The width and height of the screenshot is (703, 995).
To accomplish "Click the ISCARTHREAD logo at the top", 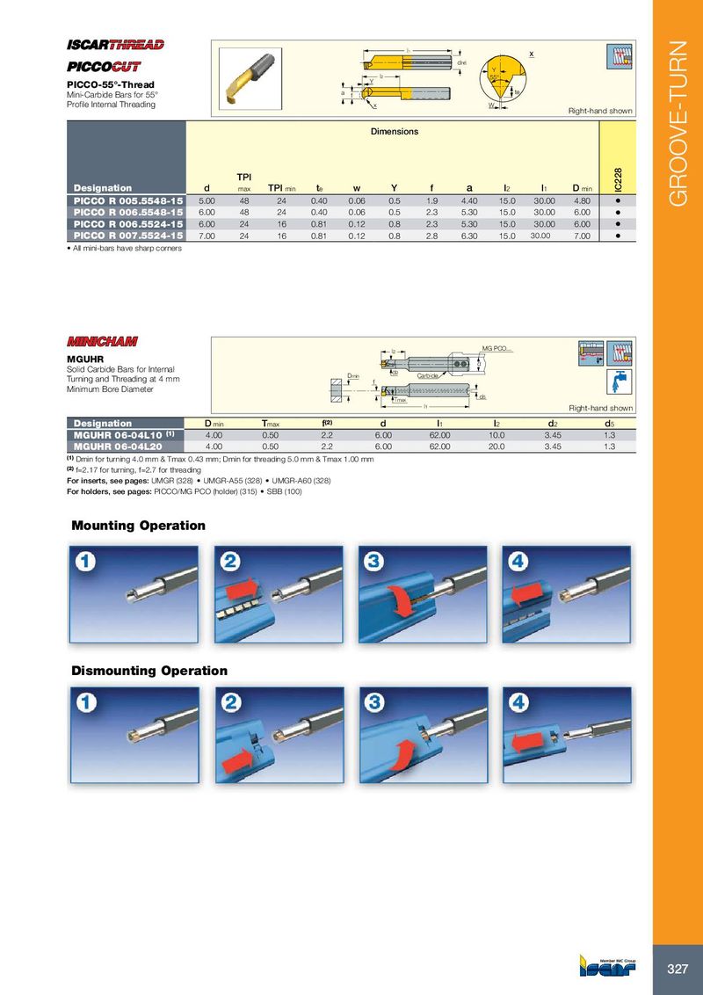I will (x=116, y=46).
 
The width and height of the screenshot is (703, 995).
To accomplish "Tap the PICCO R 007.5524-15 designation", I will (x=127, y=236).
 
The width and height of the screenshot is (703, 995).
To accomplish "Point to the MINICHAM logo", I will (x=102, y=341).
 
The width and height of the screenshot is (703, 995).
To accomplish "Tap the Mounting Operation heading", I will (x=138, y=526).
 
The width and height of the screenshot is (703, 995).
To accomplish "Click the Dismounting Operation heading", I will (x=149, y=671).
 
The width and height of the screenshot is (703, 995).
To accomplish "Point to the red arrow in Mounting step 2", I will (x=243, y=588).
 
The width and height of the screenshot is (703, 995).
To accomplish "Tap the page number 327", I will (x=677, y=969).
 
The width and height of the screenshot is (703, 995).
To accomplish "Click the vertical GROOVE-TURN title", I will (x=678, y=123).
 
